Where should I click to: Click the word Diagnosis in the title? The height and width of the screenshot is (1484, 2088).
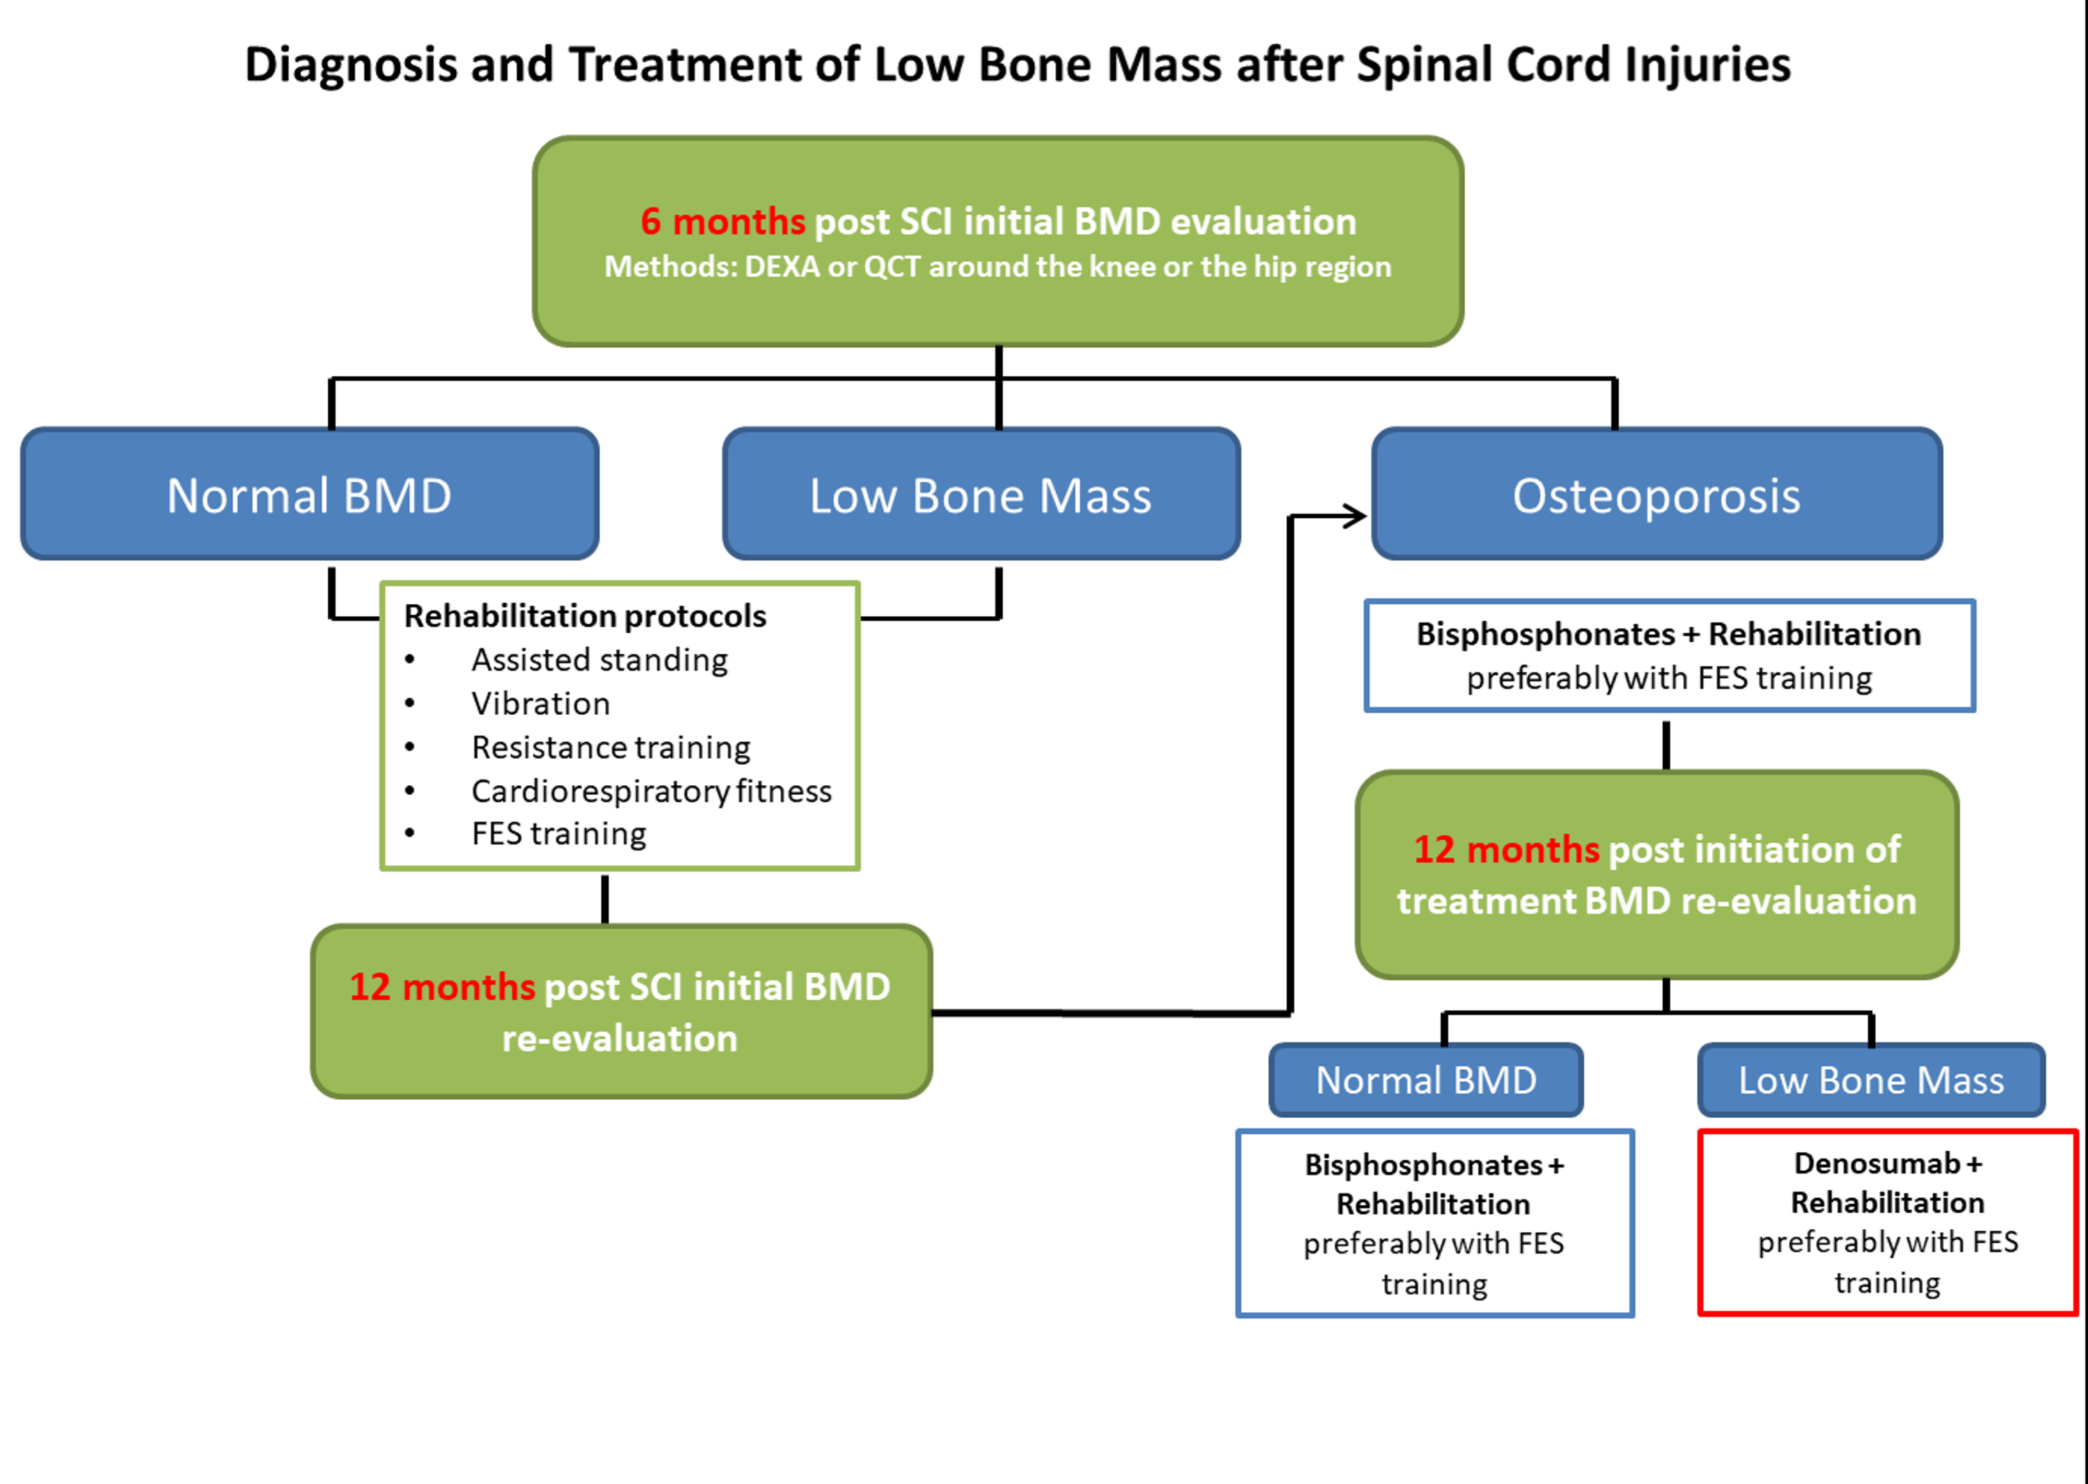click(x=351, y=66)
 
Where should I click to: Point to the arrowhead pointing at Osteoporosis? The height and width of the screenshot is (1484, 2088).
click(x=1354, y=516)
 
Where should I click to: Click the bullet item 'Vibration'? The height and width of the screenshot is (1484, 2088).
click(x=540, y=704)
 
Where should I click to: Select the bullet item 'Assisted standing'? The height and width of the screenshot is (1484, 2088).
click(x=599, y=660)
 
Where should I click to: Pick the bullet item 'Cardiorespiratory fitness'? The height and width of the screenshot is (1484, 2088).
click(x=651, y=791)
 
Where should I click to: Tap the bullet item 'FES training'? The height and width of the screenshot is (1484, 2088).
click(x=558, y=833)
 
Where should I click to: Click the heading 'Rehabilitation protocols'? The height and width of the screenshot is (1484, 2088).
click(x=585, y=617)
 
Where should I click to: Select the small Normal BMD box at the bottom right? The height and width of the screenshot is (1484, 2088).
click(x=1425, y=1081)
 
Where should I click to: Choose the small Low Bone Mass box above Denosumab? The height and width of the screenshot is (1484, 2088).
click(x=1871, y=1081)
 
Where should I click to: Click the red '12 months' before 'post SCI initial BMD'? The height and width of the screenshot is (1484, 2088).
click(x=442, y=987)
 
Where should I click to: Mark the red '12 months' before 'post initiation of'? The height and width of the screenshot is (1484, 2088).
click(x=1506, y=850)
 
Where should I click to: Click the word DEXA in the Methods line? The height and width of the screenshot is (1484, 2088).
click(x=782, y=267)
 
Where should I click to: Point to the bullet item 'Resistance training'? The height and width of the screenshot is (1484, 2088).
click(x=610, y=748)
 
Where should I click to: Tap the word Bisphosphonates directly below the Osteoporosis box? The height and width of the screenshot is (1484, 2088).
click(x=1545, y=634)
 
